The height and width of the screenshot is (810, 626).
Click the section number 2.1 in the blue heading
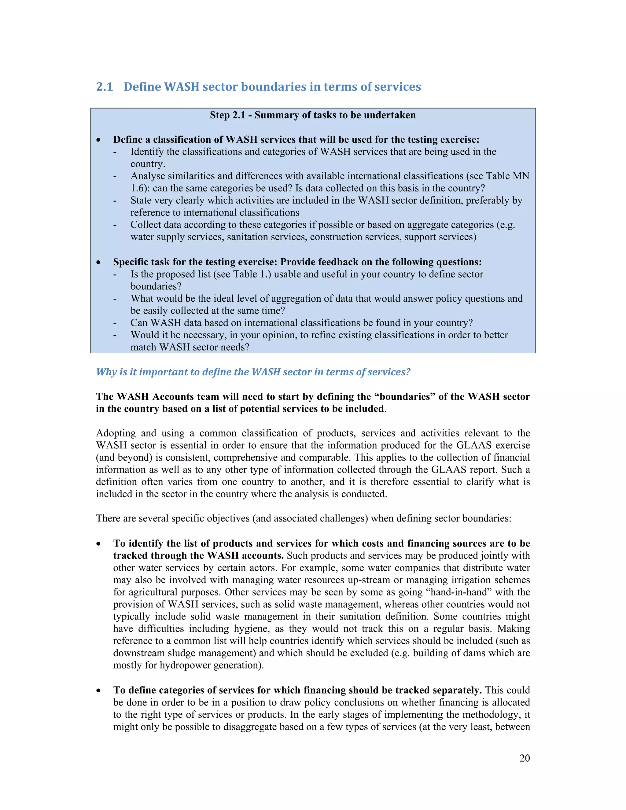tap(104, 87)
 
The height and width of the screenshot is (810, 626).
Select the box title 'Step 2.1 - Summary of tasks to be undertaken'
tap(313, 115)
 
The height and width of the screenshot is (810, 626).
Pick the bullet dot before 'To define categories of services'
tap(98, 690)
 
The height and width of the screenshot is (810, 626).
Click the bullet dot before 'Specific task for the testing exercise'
tap(98, 263)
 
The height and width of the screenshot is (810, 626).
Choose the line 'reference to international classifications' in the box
tap(215, 212)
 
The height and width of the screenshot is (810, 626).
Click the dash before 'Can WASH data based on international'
tap(115, 323)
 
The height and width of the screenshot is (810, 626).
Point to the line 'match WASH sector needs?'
tap(190, 347)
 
